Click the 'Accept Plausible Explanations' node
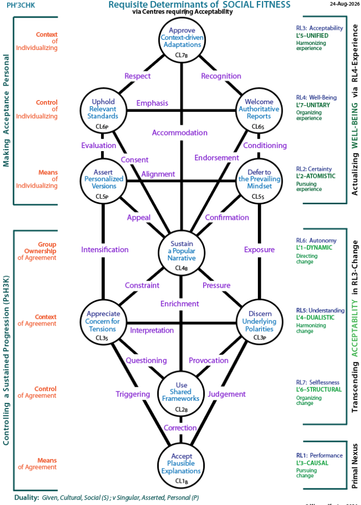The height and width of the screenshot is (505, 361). (181, 465)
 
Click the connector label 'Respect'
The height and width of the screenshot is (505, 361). (138, 76)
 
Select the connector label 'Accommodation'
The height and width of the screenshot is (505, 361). (179, 133)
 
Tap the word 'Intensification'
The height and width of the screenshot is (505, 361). (105, 250)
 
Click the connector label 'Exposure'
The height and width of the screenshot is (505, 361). (259, 250)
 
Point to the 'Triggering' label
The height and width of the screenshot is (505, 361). (133, 394)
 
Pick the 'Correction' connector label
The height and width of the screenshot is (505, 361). (180, 428)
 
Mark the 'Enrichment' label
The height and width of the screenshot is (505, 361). (179, 304)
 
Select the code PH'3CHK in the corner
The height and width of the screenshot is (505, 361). (21, 5)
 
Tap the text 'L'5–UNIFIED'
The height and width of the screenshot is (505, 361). (313, 36)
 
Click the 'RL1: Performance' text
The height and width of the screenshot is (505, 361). (319, 455)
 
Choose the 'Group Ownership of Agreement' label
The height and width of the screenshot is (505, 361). (37, 251)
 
